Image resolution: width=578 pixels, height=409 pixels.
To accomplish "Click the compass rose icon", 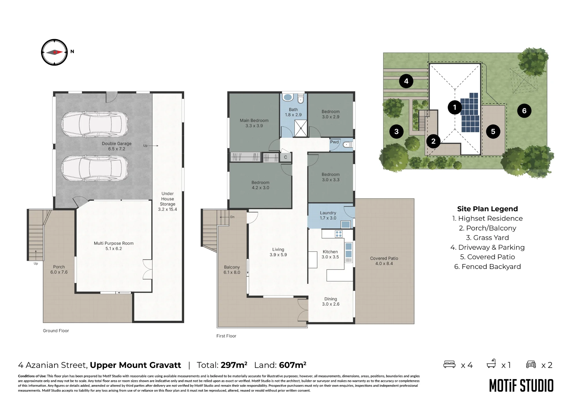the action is [54, 52].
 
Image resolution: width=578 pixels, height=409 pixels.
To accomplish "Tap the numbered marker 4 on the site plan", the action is [406, 81].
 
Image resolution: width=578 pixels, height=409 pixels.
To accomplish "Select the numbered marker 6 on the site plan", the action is [524, 111].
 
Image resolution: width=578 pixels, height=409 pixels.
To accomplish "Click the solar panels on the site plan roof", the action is [470, 113].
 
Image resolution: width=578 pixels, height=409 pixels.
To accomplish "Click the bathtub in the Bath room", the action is [288, 97].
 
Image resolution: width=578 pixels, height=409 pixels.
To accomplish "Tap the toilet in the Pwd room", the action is [347, 145].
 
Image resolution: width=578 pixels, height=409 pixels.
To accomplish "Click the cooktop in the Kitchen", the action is [339, 234].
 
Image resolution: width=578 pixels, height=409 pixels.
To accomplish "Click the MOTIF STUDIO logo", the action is [521, 386].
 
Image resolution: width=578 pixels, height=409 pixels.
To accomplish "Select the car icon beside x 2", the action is [531, 364].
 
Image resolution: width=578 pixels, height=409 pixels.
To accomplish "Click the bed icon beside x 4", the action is [449, 364].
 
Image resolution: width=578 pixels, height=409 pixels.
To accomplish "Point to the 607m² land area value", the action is [293, 365].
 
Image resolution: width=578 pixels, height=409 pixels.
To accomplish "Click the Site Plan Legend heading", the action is [487, 209].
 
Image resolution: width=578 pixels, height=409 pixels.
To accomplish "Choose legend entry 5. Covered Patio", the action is [487, 257].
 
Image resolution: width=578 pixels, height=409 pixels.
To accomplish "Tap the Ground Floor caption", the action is [56, 331].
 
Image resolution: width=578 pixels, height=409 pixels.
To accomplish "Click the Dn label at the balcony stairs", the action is [232, 217].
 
